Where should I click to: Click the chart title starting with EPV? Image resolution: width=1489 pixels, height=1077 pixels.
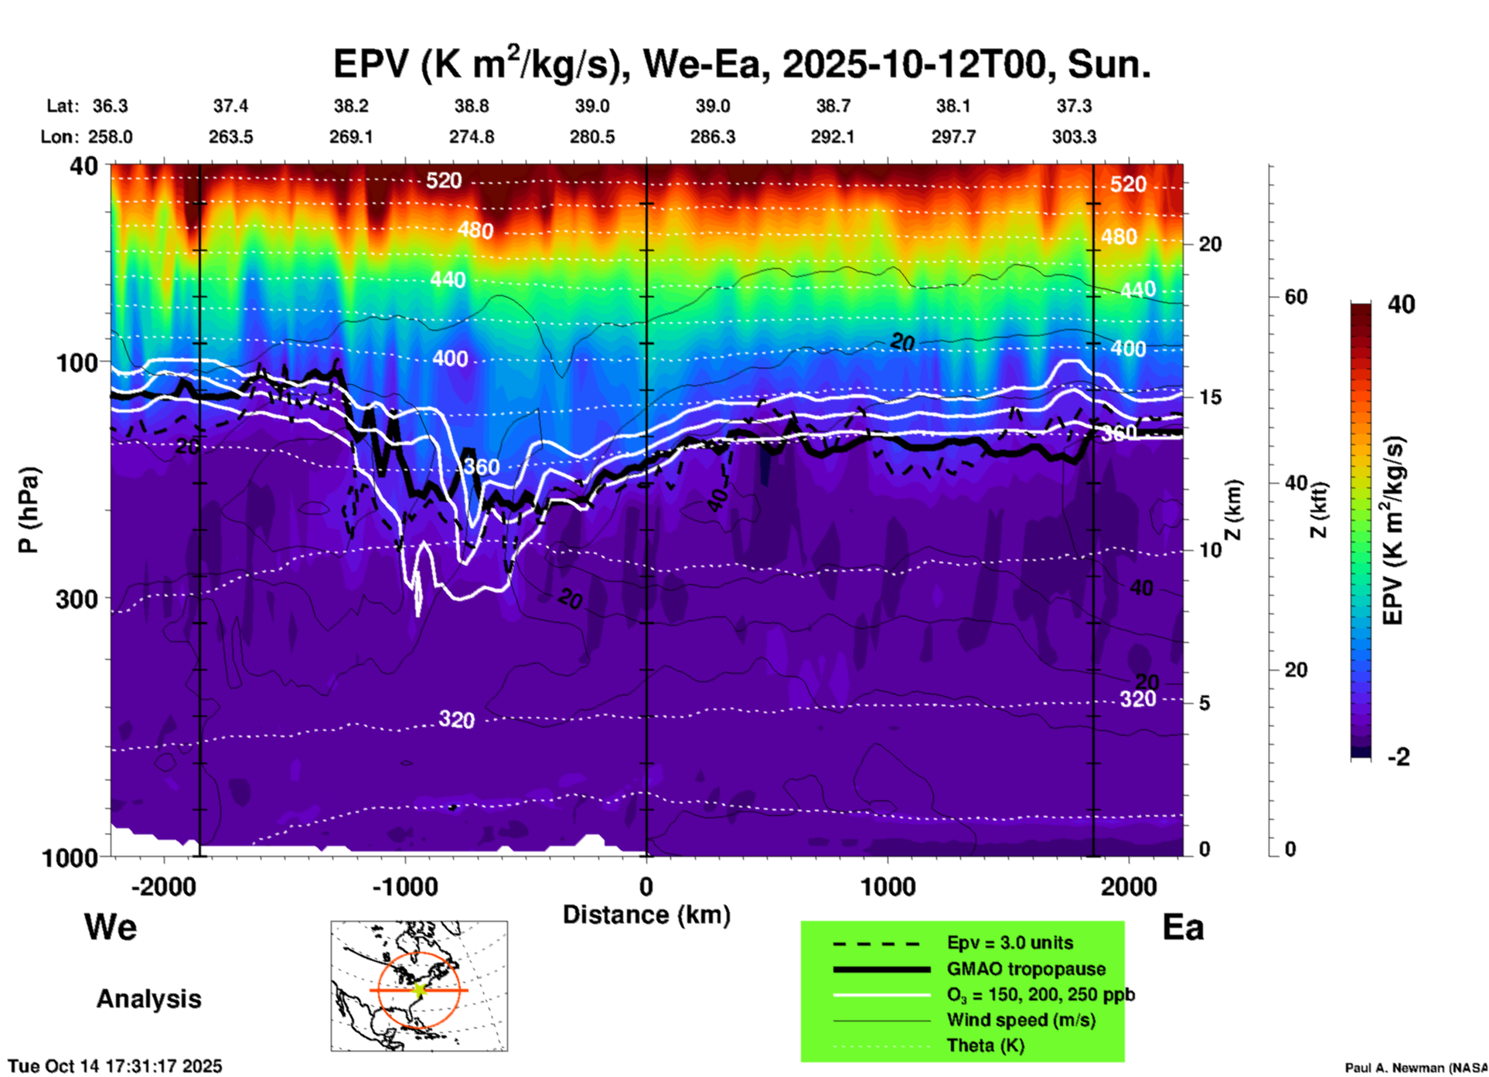[x=742, y=64]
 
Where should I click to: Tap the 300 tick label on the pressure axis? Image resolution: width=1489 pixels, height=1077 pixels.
[x=77, y=599]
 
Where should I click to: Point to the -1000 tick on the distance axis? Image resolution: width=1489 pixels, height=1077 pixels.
[x=405, y=886]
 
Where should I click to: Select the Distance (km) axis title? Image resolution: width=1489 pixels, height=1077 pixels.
[x=646, y=915]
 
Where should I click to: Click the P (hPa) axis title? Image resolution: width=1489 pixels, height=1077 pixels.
[x=29, y=510]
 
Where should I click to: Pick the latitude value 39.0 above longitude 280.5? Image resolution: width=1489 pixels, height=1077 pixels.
[x=592, y=106]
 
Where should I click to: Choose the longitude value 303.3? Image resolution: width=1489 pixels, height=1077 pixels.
[x=1074, y=137]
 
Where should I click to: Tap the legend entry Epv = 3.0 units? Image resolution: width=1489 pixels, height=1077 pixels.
[x=1010, y=943]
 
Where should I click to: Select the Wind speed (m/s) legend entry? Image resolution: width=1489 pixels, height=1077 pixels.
[x=1020, y=1020]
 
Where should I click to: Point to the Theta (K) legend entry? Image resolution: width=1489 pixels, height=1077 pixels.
[x=985, y=1045]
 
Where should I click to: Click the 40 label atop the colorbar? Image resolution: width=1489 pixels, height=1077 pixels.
[x=1401, y=304]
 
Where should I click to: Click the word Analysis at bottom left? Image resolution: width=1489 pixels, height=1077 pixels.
[x=148, y=999]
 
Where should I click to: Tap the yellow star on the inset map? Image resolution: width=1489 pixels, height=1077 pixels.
[x=419, y=990]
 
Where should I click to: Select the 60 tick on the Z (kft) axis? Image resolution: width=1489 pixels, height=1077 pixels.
[x=1296, y=297]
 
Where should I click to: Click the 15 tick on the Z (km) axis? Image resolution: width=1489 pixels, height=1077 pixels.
[x=1210, y=397]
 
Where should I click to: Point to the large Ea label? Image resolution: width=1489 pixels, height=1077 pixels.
[x=1183, y=927]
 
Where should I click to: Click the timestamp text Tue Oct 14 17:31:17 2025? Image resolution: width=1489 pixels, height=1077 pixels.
[x=115, y=1066]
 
